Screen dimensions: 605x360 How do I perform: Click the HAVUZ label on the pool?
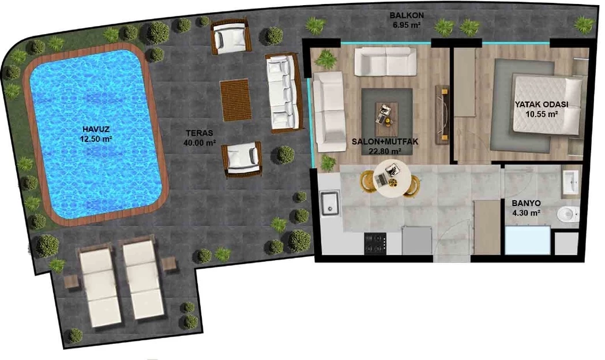pos(96,129)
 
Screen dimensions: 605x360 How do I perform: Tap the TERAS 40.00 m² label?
pos(199,138)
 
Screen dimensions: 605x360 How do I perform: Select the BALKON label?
pos(406,16)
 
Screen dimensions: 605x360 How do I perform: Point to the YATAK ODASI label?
pos(542,104)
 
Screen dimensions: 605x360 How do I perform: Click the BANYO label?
pos(526,203)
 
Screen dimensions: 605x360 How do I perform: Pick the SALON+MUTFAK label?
pos(385,141)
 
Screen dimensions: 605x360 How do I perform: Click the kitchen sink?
pos(330,203)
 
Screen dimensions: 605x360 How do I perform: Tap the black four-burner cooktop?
pos(375,243)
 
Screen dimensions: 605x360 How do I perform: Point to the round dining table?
pos(392,179)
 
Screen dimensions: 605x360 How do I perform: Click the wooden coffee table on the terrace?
pos(235,100)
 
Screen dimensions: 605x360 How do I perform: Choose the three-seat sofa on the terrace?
pos(283,93)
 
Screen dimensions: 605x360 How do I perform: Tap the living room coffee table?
pos(386,114)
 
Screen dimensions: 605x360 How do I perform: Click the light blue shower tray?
pos(528,240)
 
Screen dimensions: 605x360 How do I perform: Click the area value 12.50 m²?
pos(96,139)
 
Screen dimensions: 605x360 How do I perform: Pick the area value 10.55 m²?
pos(542,114)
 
